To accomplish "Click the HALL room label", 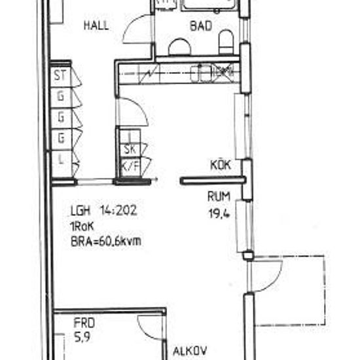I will point(96,26).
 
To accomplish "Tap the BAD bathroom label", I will point(200,26).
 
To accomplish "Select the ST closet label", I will point(61,75).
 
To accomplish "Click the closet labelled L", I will point(61,159).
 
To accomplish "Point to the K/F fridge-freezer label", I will point(130,165).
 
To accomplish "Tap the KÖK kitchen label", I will point(220,165).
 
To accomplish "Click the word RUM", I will point(218,195).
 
